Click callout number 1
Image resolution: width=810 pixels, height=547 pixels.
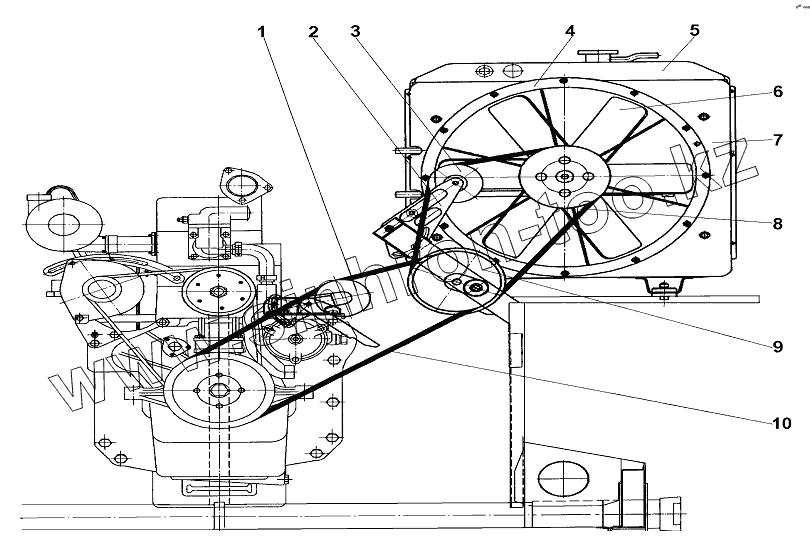(262, 32)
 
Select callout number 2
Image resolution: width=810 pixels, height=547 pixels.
(313, 32)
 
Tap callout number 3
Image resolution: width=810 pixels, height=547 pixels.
(354, 32)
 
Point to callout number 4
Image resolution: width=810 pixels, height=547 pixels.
(569, 31)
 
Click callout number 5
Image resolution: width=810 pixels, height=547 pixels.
(694, 31)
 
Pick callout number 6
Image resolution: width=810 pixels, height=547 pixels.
(776, 91)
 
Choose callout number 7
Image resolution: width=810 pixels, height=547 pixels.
(776, 140)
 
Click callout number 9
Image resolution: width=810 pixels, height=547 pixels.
(776, 347)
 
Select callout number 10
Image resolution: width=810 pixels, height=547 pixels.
(781, 423)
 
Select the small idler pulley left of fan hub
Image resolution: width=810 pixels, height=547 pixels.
(453, 183)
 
